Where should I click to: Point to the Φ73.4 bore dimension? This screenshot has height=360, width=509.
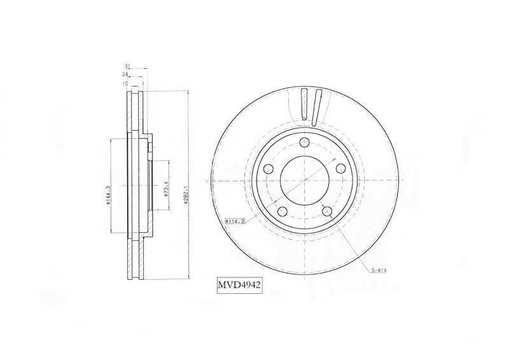(x=165, y=190)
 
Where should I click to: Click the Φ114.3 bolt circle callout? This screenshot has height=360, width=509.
(x=235, y=221)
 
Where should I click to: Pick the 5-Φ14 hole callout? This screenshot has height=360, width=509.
(x=379, y=270)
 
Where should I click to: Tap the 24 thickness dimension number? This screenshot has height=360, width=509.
(x=125, y=74)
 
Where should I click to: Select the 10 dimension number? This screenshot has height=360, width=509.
(x=125, y=83)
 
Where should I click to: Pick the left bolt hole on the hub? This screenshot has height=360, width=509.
(x=268, y=169)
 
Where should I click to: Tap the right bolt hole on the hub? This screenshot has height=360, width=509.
(x=340, y=168)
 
